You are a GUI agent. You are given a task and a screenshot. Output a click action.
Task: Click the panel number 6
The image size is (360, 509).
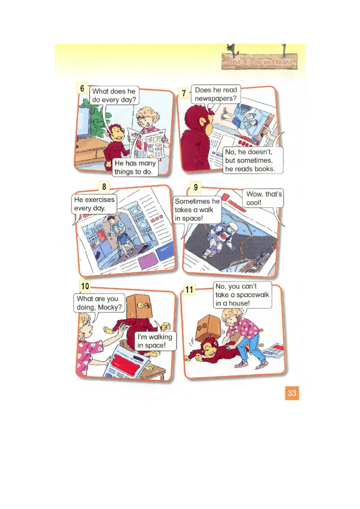tap(82, 88)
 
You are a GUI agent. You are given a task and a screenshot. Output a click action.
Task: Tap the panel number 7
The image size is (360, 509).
tap(184, 93)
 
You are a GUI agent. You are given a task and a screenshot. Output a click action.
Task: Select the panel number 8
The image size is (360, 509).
tap(104, 187)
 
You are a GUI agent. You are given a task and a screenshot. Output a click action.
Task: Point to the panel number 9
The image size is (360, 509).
tap(196, 188)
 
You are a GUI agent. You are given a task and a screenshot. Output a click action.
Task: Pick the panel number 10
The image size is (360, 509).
tap(85, 286)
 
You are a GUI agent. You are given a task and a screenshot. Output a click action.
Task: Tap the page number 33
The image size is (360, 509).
tap(292, 393)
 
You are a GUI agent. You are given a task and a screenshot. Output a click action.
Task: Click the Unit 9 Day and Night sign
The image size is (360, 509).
tap(260, 62)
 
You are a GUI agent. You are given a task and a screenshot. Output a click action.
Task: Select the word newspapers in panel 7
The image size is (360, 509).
tap(216, 98)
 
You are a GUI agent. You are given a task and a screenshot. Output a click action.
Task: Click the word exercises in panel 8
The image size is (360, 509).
tap(100, 200)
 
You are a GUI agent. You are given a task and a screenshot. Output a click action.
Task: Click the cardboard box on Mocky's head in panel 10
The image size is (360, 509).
tap(139, 307)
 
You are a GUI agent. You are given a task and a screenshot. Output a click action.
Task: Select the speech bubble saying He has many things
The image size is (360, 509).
tap(135, 168)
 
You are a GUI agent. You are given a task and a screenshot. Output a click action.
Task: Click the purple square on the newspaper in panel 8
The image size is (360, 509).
tap(148, 261)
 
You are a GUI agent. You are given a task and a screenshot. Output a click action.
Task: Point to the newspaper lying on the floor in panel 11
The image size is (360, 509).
tap(272, 351)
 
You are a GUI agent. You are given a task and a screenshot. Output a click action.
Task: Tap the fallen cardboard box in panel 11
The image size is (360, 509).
tap(208, 327)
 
